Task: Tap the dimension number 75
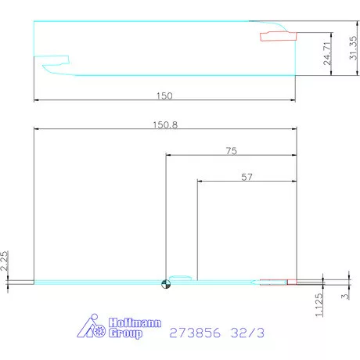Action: (231, 149)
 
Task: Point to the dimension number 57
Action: (246, 178)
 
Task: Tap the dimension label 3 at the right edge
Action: (345, 296)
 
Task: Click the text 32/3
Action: (249, 333)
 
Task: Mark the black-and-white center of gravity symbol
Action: (165, 283)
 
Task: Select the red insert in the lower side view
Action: (278, 282)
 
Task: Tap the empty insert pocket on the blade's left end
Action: (57, 59)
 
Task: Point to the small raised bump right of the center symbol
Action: (180, 277)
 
